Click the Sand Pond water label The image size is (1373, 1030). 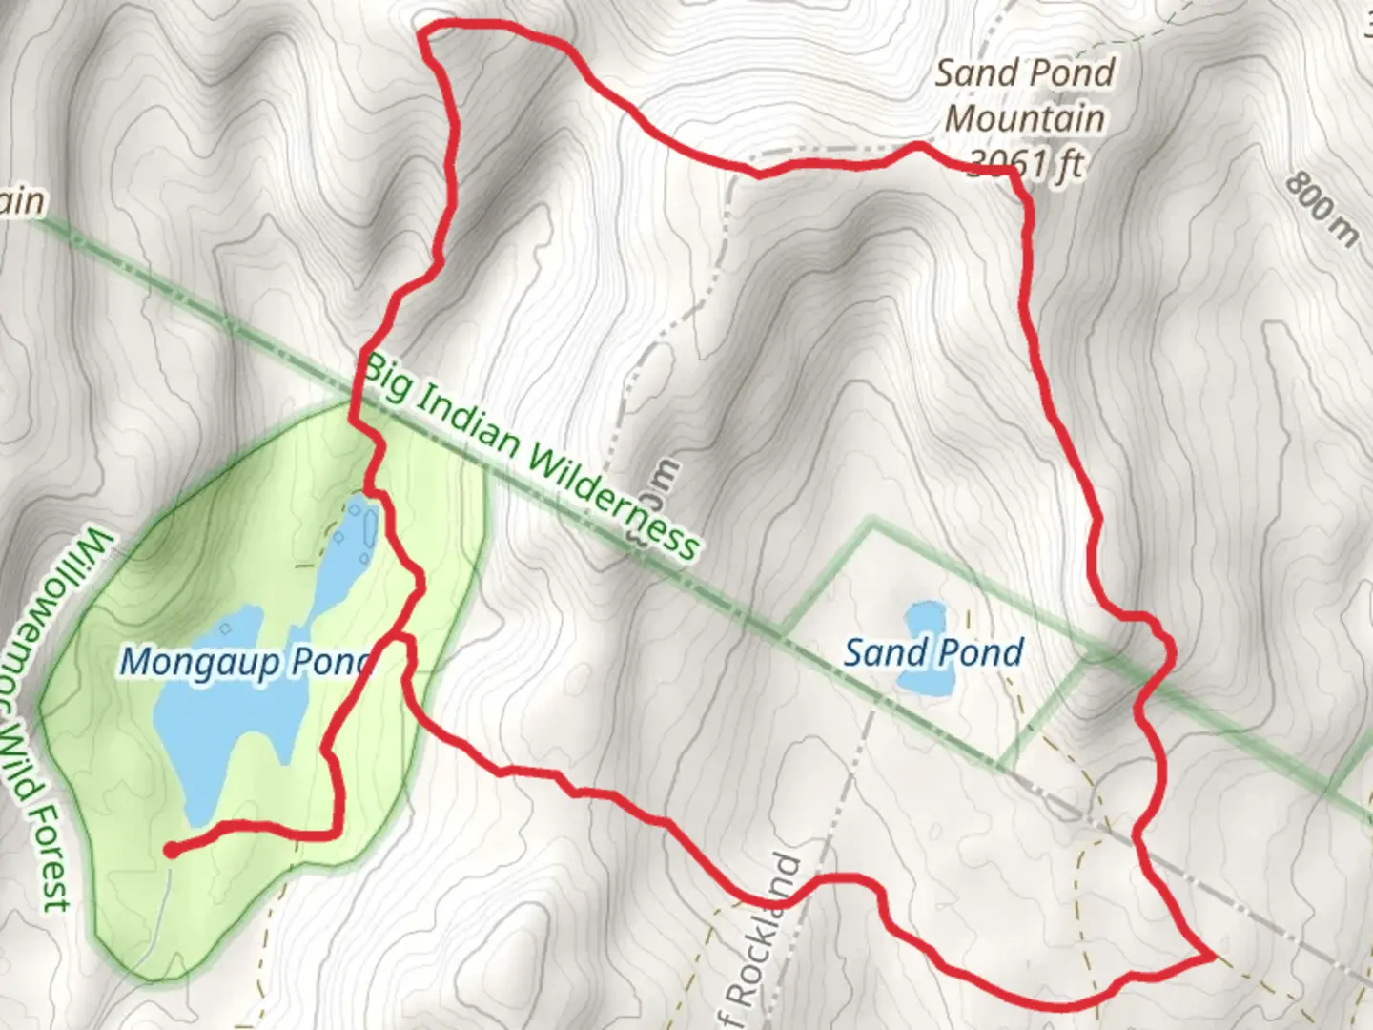click(x=933, y=653)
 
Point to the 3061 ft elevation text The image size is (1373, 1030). click(x=1026, y=164)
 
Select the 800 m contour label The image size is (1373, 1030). click(x=1320, y=210)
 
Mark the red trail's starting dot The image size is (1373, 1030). click(x=171, y=850)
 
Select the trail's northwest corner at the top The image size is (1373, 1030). click(x=425, y=36)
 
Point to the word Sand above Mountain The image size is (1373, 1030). click(x=972, y=73)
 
